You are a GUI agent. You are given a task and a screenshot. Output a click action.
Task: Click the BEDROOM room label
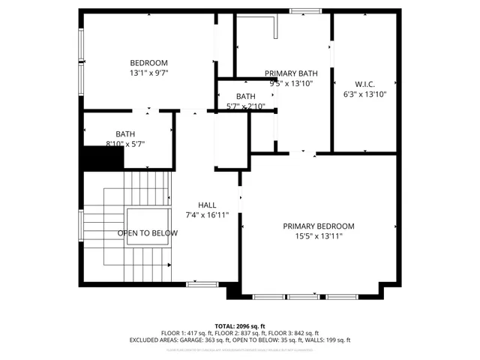[x=148, y=63]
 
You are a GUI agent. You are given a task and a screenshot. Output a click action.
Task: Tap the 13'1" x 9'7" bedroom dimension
[x=148, y=73]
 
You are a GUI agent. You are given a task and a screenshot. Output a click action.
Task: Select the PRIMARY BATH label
[x=291, y=73]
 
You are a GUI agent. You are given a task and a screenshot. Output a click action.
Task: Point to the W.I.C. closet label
[x=364, y=84]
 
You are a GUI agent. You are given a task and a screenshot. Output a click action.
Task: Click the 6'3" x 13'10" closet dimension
[x=364, y=94]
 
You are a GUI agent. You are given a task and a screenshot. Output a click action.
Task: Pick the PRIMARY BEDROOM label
[x=319, y=226]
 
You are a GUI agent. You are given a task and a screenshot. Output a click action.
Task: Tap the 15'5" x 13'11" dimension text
[x=319, y=236]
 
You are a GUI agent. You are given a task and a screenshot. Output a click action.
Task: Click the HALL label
[x=207, y=205]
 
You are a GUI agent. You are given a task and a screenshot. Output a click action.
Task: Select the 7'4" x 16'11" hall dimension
[x=207, y=215]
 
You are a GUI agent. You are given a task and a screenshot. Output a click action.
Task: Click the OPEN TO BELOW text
[x=148, y=233]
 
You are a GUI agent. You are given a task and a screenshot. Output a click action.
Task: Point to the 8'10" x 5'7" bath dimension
[x=124, y=144]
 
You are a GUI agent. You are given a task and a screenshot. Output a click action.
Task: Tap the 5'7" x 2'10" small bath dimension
[x=245, y=106]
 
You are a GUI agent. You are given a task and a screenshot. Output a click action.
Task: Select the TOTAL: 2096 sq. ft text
[x=240, y=326]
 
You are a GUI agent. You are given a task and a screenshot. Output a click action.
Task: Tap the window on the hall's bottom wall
[x=202, y=284]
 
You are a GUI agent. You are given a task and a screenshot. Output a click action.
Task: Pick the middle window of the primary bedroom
[x=304, y=297]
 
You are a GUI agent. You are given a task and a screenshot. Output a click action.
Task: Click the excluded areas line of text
[x=240, y=340]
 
